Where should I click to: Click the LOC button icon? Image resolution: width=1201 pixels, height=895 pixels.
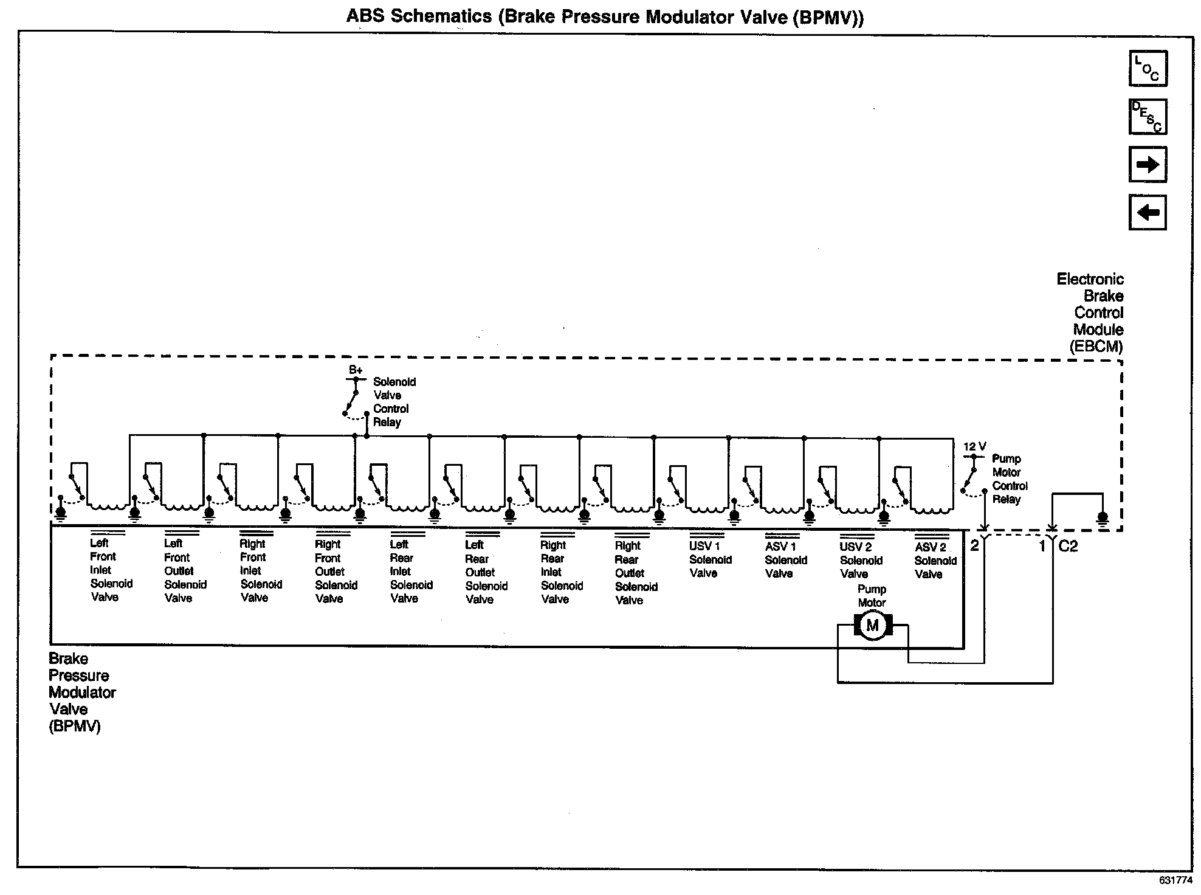point(1148,68)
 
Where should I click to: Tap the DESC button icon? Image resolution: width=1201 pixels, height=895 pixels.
point(1148,116)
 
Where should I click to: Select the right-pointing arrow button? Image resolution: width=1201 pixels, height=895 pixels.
point(1148,164)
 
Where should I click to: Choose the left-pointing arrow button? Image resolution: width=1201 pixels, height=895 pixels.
point(1148,212)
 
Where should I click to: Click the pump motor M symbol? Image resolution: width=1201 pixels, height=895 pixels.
point(872,626)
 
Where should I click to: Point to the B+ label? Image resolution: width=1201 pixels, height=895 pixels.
point(356,370)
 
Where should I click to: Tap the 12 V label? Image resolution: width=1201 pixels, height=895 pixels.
point(974,447)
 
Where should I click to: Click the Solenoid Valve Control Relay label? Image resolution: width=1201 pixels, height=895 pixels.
point(394,402)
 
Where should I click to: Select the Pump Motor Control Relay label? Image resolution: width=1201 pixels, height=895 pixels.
point(1010,479)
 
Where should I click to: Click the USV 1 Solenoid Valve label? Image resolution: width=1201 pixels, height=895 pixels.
point(709,559)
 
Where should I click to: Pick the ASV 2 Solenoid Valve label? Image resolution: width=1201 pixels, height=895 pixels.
point(935,561)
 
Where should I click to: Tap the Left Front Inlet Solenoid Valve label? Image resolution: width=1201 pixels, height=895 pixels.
point(111,570)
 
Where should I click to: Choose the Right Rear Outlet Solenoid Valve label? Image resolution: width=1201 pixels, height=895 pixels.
point(635,573)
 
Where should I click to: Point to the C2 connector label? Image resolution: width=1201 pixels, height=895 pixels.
point(1068,546)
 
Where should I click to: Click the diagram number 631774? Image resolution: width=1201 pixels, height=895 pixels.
point(1175,880)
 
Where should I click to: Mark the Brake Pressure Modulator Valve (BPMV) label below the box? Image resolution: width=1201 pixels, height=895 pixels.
point(81,692)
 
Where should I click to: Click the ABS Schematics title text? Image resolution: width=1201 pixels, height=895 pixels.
point(604,16)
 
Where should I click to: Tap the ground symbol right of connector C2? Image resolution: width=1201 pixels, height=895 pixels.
point(1102,519)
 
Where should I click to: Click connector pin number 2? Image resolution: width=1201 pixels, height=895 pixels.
point(974,545)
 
